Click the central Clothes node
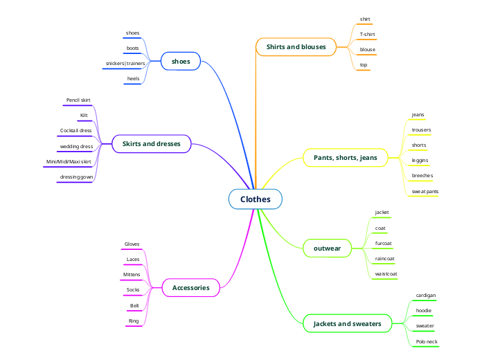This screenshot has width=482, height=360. coord(256,199)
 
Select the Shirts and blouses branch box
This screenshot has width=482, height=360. coord(296,47)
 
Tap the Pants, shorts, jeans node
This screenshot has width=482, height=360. coord(346,158)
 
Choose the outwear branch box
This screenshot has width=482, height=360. coord(327,247)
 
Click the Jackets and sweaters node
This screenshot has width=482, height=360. coord(347,323)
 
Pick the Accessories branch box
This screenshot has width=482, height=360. coord(190,287)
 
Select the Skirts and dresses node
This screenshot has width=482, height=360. coord(151,144)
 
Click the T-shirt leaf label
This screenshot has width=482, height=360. coord(367,34)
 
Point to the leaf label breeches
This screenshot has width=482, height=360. coord(422,175)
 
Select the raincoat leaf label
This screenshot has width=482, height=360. coord(384,258)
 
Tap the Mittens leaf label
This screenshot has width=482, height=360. coord(132,275)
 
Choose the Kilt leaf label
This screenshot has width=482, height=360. coord(84,115)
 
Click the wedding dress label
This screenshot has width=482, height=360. coord(76,146)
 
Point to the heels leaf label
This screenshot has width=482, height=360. coord(133,78)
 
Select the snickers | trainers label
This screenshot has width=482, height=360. coord(125,63)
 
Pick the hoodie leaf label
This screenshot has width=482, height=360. coord(423,310)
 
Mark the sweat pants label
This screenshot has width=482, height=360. coord(425,190)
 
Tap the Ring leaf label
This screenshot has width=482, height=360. coord(134,321)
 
